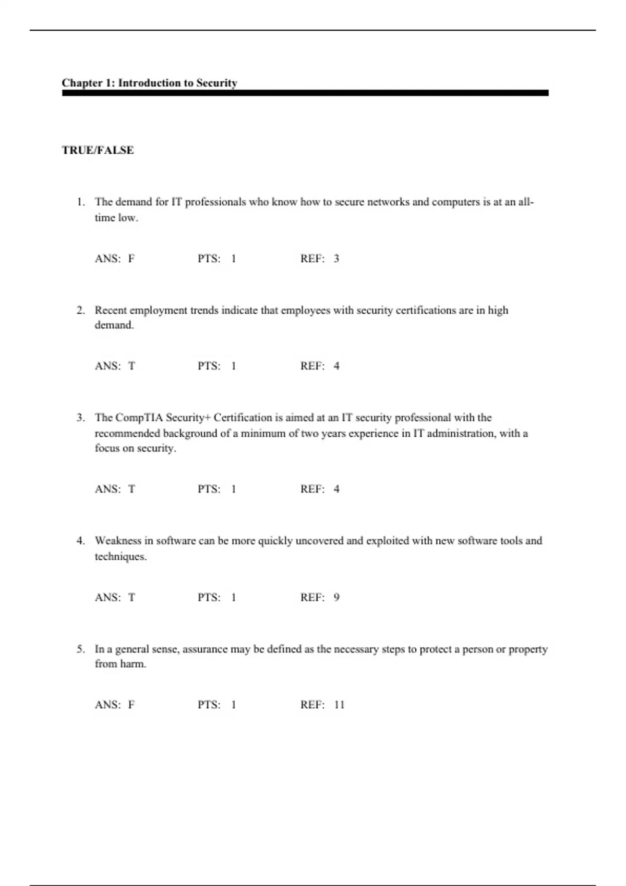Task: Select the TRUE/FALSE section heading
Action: [98, 150]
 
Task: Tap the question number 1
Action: [80, 202]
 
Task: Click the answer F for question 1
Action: [131, 259]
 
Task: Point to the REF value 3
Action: [336, 259]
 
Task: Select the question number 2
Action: [80, 311]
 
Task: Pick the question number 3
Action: [80, 418]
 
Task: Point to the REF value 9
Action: [336, 597]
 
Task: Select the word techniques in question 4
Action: [119, 557]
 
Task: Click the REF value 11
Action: [339, 705]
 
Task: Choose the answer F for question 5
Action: [131, 705]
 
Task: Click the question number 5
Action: [80, 649]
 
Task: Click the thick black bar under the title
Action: [305, 93]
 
